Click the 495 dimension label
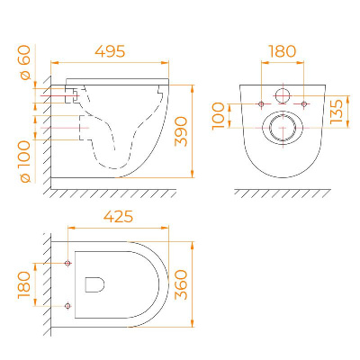[x=110, y=51]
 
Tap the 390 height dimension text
[x=181, y=131]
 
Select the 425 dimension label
[x=118, y=216]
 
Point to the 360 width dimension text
[x=181, y=284]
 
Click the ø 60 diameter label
[x=25, y=62]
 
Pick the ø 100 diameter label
[x=25, y=162]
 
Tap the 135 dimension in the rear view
[x=337, y=112]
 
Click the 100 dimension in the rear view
[x=218, y=116]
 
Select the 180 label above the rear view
[x=282, y=51]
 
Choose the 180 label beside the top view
[x=24, y=285]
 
